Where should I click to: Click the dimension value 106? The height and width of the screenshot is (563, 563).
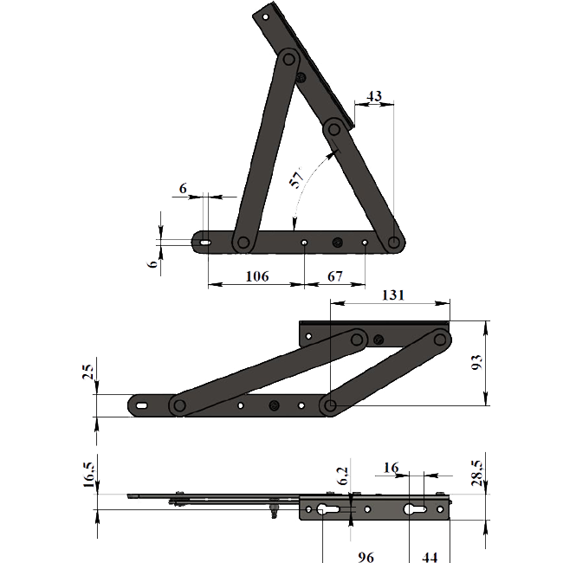pos(257,276)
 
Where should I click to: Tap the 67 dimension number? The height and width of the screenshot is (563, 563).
pos(334,276)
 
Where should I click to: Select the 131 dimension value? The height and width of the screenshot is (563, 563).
pos(393,295)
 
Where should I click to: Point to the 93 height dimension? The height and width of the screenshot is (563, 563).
pos(477,363)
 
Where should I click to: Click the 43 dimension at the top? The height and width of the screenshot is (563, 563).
pos(374,96)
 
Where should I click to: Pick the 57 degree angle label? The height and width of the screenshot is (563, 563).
pos(297,177)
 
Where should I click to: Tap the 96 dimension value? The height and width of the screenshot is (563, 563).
pos(366,557)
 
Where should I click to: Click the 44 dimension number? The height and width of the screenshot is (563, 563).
pos(430,557)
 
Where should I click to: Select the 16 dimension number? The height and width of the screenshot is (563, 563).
pos(391,468)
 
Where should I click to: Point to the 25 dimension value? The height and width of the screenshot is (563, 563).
pos(88,372)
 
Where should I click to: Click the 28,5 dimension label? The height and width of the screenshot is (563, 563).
pos(477,473)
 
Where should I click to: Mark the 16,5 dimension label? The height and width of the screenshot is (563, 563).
pos(89,475)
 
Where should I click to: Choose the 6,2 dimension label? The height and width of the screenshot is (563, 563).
pos(343,476)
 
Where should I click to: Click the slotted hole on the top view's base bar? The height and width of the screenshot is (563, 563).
pos(205,243)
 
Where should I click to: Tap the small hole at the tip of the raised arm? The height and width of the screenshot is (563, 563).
pos(266,16)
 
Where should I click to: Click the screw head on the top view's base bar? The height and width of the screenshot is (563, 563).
pos(337,243)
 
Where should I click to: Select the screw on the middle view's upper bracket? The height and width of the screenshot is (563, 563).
pos(379,339)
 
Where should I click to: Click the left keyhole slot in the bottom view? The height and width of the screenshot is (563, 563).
pos(327,509)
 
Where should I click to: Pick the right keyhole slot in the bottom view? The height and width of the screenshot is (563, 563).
pos(416,509)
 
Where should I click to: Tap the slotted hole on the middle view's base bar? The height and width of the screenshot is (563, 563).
pos(142,405)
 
